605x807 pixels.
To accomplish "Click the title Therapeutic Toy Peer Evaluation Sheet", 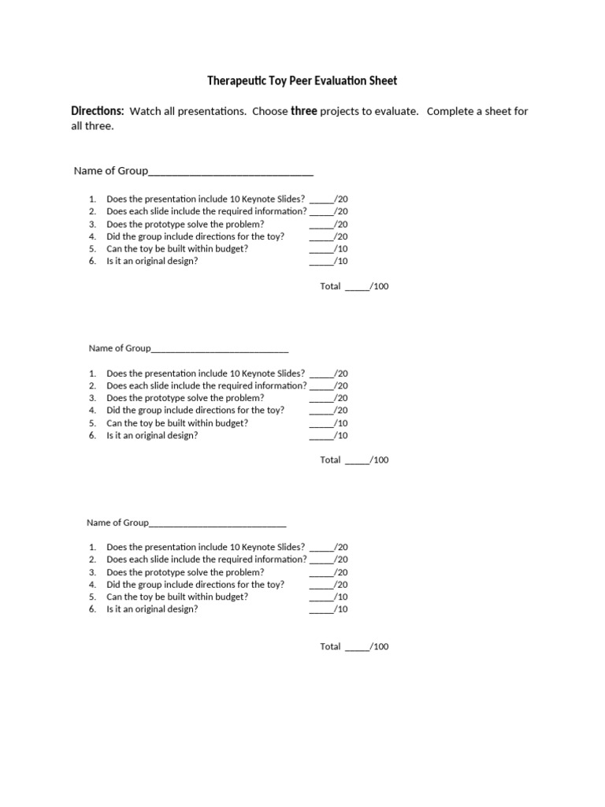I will point(302,80).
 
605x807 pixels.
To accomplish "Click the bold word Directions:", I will point(98,111).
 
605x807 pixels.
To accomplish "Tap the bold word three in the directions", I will point(304,111).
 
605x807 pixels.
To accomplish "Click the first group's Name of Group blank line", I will point(231,172).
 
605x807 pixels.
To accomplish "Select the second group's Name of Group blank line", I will point(218,348).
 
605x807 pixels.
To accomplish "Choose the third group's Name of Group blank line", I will point(217,523).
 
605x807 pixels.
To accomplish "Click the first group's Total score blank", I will point(356,287).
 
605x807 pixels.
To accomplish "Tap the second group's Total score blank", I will point(356,460).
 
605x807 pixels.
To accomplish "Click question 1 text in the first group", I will point(206,199).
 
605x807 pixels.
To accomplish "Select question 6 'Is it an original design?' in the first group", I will point(152,261).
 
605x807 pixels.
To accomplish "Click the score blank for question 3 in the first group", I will point(321,225).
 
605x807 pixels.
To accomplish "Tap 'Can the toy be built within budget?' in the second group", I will point(177,422).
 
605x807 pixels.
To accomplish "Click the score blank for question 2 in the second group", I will point(321,386).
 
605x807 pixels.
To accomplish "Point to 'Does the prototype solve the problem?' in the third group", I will point(185,572).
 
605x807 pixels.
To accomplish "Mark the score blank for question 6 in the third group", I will point(321,609).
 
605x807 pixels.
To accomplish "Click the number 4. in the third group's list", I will point(92,585).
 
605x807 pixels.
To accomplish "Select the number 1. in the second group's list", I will point(92,374).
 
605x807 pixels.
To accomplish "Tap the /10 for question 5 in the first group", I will point(341,248).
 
